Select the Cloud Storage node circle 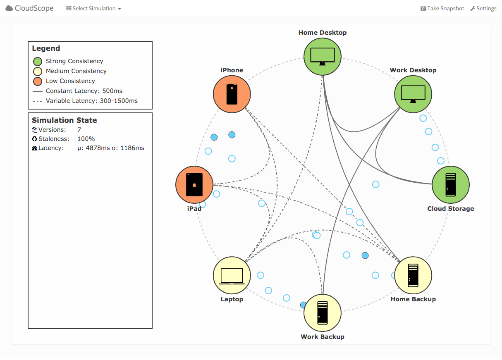pyautogui.click(x=450, y=185)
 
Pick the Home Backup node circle pyautogui.click(x=413, y=275)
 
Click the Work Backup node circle pyautogui.click(x=323, y=313)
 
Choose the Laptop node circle pyautogui.click(x=232, y=275)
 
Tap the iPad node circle pyautogui.click(x=194, y=185)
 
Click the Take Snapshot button pyautogui.click(x=442, y=9)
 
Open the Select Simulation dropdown pyautogui.click(x=93, y=9)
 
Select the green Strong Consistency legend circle pyautogui.click(x=38, y=62)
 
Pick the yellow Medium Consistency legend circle pyautogui.click(x=38, y=72)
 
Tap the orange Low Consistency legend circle pyautogui.click(x=38, y=81)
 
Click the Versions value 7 pyautogui.click(x=79, y=130)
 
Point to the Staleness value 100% pyautogui.click(x=86, y=139)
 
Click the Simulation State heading pyautogui.click(x=65, y=120)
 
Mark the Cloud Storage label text pyautogui.click(x=450, y=209)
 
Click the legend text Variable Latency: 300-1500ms pyautogui.click(x=92, y=101)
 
